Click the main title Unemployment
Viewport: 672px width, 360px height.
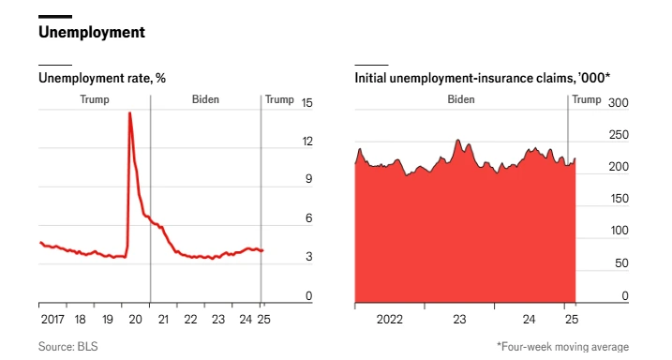pos(92,32)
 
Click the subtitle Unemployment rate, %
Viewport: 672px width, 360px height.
pos(102,78)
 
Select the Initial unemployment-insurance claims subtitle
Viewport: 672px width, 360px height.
pos(482,78)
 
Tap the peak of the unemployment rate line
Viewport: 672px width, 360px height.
pos(129,112)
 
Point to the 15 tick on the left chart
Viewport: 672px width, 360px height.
pos(306,103)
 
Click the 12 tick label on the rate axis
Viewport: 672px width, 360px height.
pos(307,142)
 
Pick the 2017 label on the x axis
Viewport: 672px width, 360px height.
pos(52,320)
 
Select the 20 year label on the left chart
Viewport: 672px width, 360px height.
pos(135,320)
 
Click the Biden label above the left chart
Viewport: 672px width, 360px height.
pos(205,99)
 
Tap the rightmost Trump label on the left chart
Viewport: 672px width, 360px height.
pos(279,99)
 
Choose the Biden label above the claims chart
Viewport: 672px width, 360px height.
pos(461,99)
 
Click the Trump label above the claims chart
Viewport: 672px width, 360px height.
pos(587,99)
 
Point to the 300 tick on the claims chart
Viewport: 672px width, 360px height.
pos(619,103)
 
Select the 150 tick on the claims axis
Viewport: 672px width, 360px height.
pos(619,199)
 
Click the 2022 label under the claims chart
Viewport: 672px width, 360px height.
pos(390,320)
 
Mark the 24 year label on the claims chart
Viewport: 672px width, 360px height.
pos(529,320)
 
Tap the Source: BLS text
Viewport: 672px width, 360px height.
pos(68,346)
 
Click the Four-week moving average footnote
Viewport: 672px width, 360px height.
pos(562,346)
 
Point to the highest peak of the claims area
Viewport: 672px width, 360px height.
pos(457,140)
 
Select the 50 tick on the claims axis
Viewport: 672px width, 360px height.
pos(621,263)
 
